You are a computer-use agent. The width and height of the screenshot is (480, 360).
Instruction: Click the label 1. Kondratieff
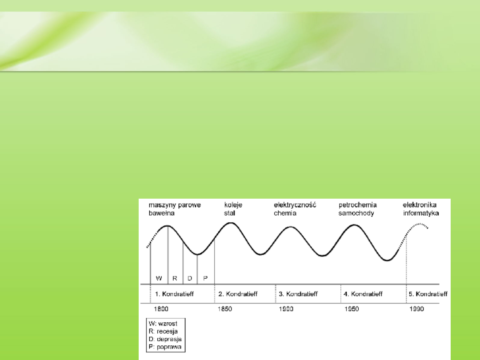174,294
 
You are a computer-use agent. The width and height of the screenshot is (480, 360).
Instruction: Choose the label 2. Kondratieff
238,294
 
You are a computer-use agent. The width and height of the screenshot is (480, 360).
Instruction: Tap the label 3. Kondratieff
298,294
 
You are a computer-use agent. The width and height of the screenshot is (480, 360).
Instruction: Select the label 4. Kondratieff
363,294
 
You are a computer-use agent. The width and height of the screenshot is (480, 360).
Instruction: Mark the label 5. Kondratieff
428,294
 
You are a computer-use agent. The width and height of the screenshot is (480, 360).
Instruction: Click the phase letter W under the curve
159,279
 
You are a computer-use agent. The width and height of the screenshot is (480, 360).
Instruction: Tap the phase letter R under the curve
175,279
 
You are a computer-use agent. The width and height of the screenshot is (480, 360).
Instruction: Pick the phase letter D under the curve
190,279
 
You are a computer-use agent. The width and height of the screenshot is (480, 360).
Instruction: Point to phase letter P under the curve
205,279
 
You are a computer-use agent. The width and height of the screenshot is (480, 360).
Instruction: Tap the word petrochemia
358,205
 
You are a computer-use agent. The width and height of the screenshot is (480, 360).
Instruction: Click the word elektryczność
294,205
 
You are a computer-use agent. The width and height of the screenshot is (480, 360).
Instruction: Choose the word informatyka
420,213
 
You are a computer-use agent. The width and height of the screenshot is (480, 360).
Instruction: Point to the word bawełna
161,213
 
